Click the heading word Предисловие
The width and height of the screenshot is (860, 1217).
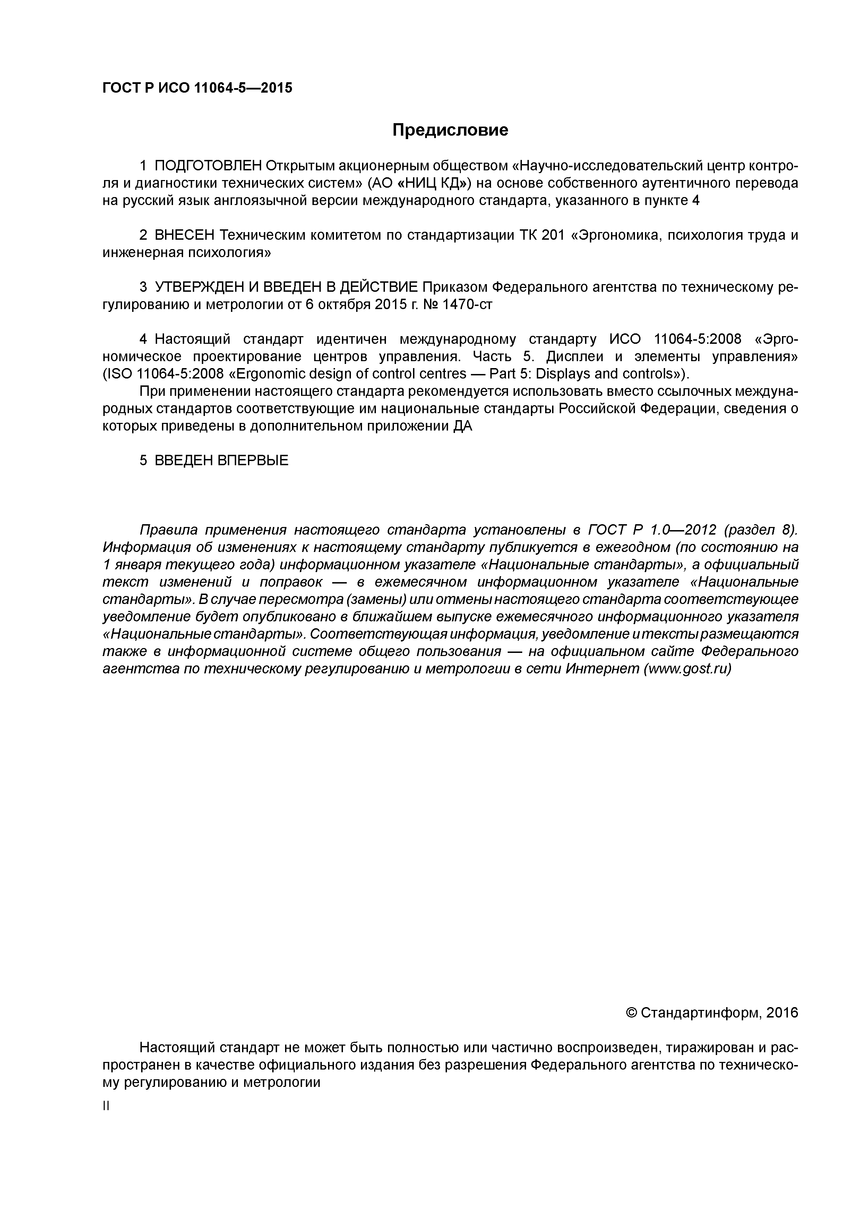pos(450,130)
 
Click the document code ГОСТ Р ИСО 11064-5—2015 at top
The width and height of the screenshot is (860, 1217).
pos(197,87)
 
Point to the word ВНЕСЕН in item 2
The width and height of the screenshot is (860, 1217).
pos(184,235)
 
